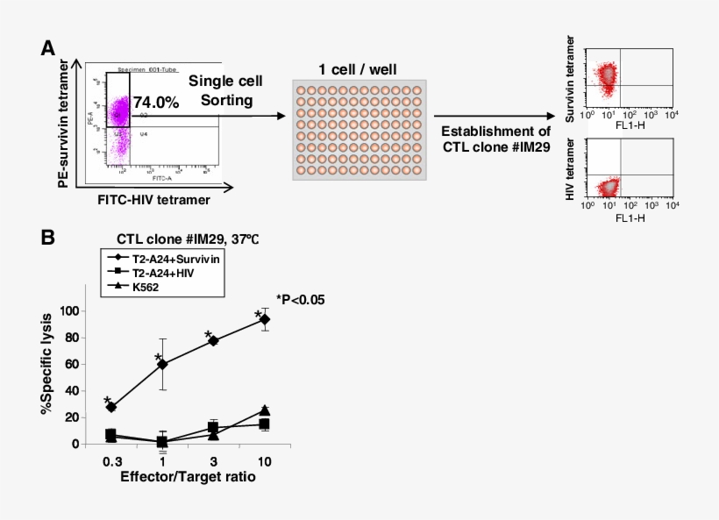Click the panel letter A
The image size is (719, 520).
[x=49, y=47]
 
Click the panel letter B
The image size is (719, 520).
[x=49, y=237]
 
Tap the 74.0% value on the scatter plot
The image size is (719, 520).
[x=156, y=102]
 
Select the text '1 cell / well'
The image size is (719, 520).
[x=358, y=69]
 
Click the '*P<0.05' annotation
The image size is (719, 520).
[x=300, y=300]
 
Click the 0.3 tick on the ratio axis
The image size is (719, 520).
[x=110, y=461]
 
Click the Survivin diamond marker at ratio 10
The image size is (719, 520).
[x=263, y=320]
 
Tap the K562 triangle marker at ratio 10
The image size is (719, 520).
[x=264, y=410]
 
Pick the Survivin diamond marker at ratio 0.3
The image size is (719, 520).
[x=111, y=407]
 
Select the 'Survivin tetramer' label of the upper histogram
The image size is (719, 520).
[x=572, y=79]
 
